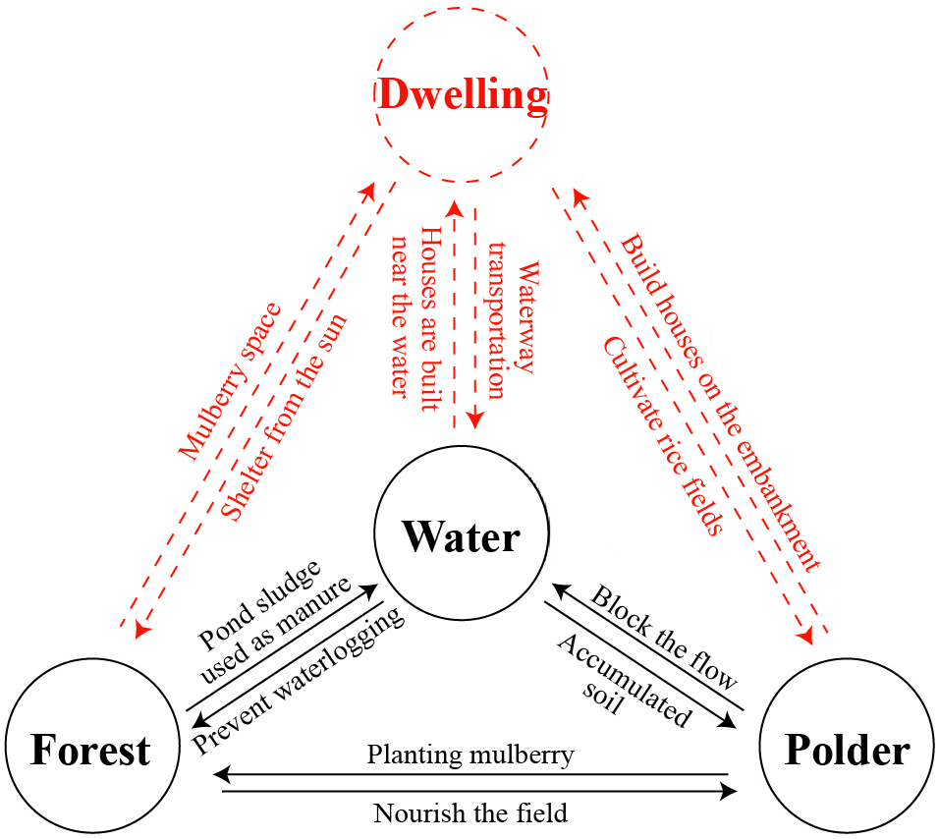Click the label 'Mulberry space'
tap(230, 381)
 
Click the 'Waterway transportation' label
tap(513, 316)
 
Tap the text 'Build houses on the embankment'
tap(722, 403)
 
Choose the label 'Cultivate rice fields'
tap(662, 436)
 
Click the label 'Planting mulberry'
tap(470, 755)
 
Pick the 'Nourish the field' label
tap(470, 813)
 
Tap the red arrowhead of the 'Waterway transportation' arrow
tap(475, 420)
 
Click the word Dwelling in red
tap(462, 95)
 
